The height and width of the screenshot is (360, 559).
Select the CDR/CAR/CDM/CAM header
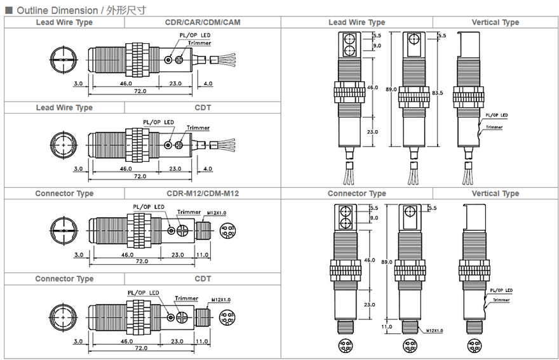tap(203, 22)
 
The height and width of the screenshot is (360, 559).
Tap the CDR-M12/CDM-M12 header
tap(203, 194)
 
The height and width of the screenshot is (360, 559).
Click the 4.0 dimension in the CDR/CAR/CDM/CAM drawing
tap(208, 83)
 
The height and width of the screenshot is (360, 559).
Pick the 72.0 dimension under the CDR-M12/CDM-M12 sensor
tap(140, 261)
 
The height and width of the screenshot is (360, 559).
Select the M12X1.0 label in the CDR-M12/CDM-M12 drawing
tap(217, 213)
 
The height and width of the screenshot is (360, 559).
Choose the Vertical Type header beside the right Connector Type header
tap(495, 194)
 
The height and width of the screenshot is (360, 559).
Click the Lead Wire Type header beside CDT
tap(64, 108)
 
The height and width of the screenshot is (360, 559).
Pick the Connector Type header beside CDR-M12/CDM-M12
tap(64, 194)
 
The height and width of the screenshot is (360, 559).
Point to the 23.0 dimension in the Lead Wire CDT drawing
tap(175, 169)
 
